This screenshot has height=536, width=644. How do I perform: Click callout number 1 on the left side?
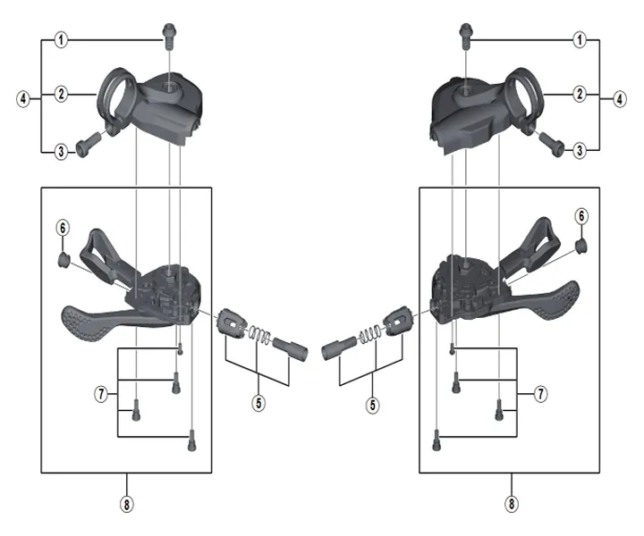pyautogui.click(x=62, y=40)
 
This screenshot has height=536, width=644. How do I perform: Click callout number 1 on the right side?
pyautogui.click(x=580, y=40)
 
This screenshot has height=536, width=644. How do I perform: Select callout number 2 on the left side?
pyautogui.click(x=62, y=93)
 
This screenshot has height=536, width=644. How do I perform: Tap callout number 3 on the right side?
pyautogui.click(x=580, y=151)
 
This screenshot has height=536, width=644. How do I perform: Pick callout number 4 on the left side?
pyautogui.click(x=22, y=98)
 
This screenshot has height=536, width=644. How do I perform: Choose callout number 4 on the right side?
pyautogui.click(x=620, y=98)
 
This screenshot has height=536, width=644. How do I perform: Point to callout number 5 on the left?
pyautogui.click(x=258, y=403)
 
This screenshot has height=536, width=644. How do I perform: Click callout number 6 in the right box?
pyautogui.click(x=581, y=216)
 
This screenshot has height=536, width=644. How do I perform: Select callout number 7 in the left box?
pyautogui.click(x=101, y=393)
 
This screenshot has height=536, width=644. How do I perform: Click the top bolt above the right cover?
pyautogui.click(x=465, y=33)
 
